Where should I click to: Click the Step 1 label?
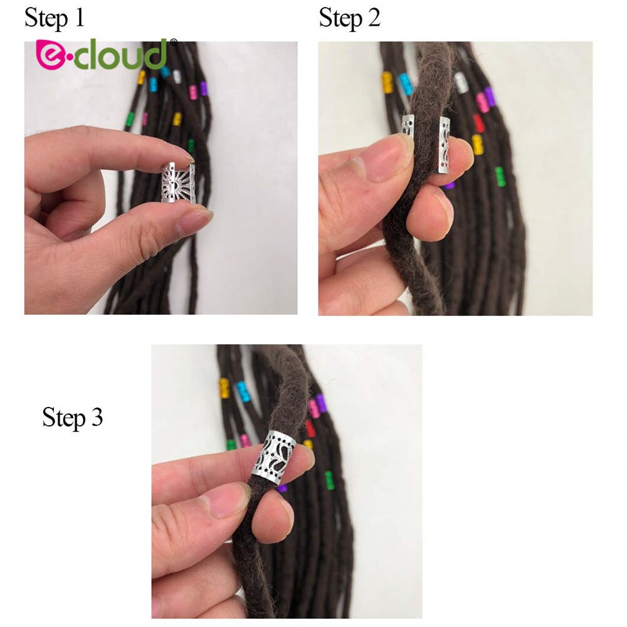tap(54, 18)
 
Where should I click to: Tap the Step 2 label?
tap(349, 18)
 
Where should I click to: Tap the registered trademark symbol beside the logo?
tap(173, 42)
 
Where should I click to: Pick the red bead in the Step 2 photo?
tap(479, 123)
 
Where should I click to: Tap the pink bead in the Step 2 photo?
tap(482, 102)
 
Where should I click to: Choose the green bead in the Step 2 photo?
tap(500, 176)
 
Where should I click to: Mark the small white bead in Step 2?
tap(461, 82)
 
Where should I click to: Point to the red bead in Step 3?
tap(310, 429)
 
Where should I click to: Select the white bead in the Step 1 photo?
tap(177, 77)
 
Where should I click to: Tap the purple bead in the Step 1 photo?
tap(204, 88)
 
